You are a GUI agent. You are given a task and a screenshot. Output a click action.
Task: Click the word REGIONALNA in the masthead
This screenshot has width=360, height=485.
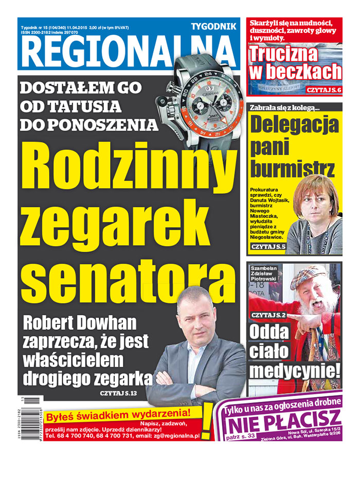coord(129,52)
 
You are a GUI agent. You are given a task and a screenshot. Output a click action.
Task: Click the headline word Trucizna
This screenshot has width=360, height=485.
coord(284,54)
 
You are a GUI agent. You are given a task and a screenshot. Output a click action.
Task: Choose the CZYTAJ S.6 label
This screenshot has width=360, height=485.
coord(323,90)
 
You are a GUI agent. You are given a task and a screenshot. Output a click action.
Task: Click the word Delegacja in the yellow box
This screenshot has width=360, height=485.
coord(295,126)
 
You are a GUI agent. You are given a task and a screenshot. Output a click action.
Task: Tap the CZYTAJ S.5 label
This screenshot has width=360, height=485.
coord(267,248)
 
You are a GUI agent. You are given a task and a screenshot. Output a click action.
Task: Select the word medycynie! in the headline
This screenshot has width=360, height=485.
coord(295,370)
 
